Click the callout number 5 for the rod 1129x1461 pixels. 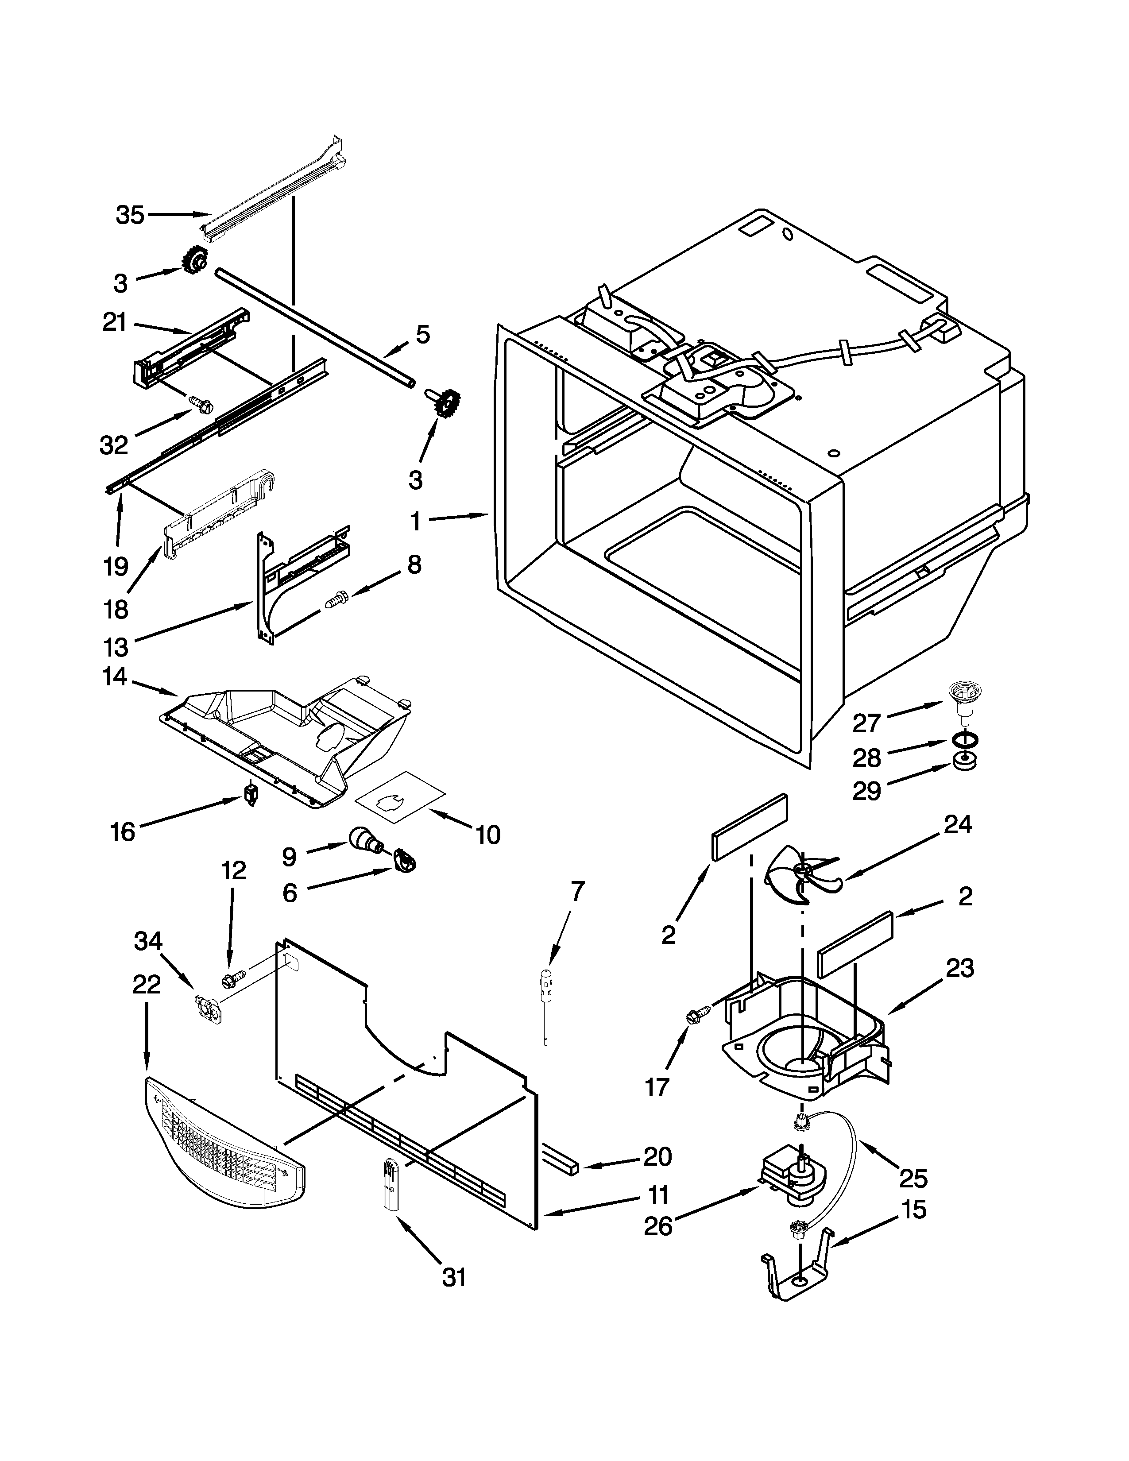click(423, 334)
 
